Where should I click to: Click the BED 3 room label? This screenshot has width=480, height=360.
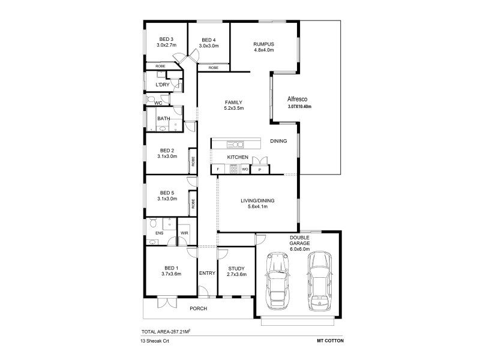click(166, 40)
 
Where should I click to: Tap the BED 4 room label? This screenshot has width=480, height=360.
click(208, 40)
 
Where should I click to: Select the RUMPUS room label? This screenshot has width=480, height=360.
click(264, 44)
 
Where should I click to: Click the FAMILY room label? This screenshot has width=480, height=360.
click(233, 102)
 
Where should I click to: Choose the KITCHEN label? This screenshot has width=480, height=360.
click(238, 157)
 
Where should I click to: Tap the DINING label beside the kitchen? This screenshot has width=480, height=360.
click(278, 141)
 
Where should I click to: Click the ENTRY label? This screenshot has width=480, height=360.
click(207, 274)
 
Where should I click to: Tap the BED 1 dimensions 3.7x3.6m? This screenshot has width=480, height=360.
click(171, 274)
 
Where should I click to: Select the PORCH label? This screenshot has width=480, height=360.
click(198, 308)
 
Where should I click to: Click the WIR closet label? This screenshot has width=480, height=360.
click(185, 233)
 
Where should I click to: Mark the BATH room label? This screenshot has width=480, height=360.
click(163, 119)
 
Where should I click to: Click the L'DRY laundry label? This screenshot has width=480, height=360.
click(162, 85)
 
